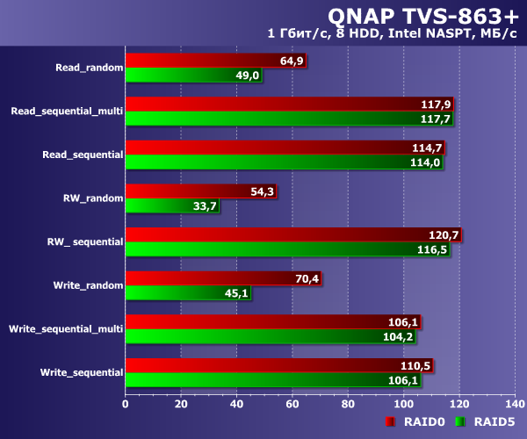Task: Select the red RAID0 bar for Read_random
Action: tap(215, 60)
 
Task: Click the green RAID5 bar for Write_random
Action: tap(188, 293)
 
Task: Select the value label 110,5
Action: tap(415, 365)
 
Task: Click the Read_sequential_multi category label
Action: tap(67, 111)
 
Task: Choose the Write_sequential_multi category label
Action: tap(66, 328)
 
